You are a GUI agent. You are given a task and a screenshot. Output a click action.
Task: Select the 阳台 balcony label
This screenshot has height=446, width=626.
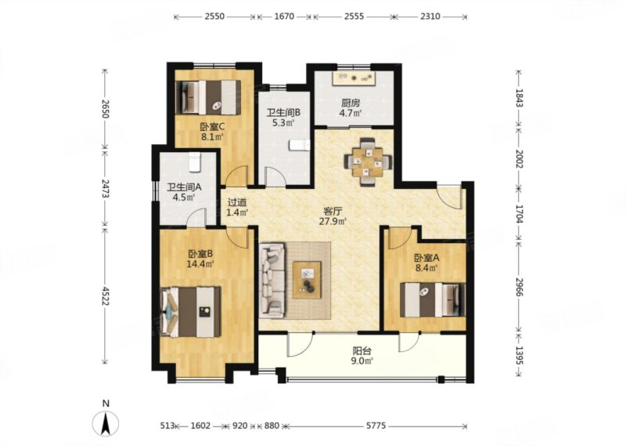pos(362,351)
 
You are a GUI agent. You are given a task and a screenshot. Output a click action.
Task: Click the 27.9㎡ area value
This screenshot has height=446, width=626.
pos(333,221)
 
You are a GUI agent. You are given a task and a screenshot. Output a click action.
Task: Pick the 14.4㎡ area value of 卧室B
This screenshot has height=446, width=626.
pos(200,263)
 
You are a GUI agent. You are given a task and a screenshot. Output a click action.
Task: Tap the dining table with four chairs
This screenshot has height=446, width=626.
pos(368,162)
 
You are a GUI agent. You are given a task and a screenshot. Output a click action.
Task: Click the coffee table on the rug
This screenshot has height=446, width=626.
pos(307,280)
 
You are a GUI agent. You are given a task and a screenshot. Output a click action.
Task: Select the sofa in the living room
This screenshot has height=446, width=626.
pos(272,280)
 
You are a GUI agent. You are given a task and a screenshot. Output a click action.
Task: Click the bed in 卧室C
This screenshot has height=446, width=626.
pos(208,98)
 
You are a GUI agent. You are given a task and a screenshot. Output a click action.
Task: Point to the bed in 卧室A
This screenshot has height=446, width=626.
pos(433,300)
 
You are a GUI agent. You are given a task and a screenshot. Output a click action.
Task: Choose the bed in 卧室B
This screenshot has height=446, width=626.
pos(191,312)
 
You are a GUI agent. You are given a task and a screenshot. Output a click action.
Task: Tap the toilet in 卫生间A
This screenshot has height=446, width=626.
pos(194,162)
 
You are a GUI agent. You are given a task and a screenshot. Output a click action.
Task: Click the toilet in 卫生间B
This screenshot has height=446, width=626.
pos(300,145)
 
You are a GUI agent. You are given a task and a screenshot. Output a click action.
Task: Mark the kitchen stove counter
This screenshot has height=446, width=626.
pos(354,78)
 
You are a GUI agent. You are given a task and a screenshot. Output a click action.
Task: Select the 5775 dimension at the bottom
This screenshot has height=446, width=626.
pos(376,426)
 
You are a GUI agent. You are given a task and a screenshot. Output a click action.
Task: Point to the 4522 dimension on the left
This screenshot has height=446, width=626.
pos(105,296)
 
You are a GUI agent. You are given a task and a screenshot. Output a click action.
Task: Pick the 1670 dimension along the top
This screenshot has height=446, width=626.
pos(284,16)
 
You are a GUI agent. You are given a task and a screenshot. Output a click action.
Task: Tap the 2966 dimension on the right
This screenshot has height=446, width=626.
pos(519,287)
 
